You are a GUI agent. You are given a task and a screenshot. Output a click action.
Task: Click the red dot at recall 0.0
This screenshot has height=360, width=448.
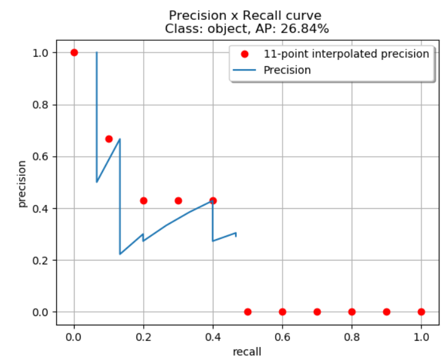(74, 52)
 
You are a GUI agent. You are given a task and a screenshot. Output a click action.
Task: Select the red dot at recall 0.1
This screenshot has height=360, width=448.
(109, 139)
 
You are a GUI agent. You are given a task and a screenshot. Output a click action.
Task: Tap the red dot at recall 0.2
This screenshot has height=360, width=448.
(144, 201)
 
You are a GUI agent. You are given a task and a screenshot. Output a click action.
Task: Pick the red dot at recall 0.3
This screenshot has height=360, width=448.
(178, 201)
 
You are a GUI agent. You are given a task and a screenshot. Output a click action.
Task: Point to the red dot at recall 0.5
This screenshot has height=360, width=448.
(247, 312)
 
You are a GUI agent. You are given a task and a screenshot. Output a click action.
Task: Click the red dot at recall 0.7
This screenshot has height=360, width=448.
(317, 312)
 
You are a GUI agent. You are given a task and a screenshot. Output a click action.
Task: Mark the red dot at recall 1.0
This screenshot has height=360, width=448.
(421, 312)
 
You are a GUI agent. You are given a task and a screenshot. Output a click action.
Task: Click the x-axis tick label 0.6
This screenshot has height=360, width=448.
(282, 337)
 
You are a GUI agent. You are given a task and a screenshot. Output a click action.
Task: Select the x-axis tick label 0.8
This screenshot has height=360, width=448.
(352, 337)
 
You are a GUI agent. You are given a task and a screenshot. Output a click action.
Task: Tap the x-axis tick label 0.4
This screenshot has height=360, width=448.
(213, 337)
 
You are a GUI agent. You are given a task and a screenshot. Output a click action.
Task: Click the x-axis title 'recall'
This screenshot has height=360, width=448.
(247, 351)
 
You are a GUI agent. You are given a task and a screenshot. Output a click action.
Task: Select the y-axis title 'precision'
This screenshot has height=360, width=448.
(22, 183)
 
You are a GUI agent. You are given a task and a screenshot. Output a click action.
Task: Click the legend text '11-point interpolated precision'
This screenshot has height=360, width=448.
(346, 54)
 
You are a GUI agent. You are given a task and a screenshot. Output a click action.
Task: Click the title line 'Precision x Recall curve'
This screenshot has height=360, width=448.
(247, 15)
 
